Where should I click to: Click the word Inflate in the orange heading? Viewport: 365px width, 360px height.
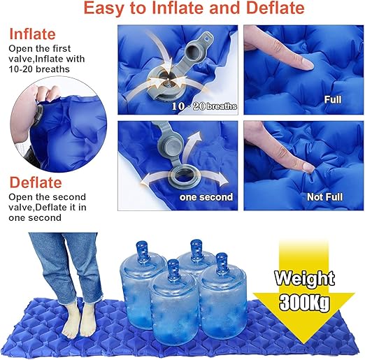coord(33,34)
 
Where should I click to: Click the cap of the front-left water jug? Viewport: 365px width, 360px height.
coord(172,266)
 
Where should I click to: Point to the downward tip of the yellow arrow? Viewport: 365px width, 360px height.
coord(305,340)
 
